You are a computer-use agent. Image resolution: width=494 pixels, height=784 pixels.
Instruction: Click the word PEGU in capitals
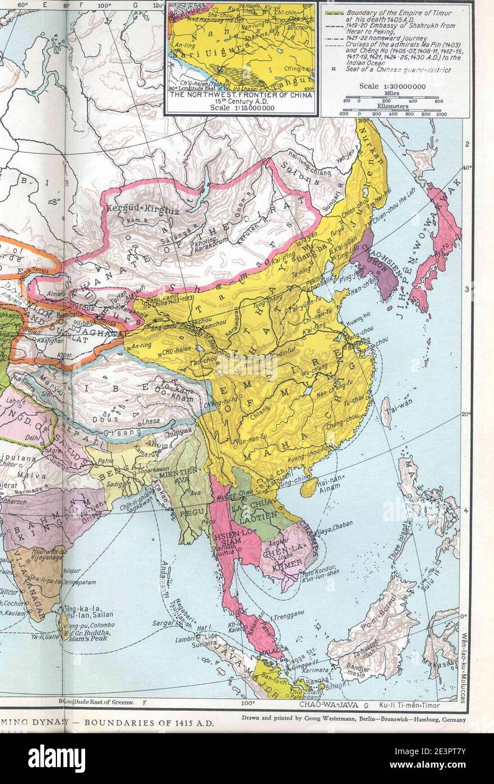pyautogui.click(x=184, y=513)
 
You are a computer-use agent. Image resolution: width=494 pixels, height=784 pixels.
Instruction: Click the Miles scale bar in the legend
pyautogui.click(x=391, y=98)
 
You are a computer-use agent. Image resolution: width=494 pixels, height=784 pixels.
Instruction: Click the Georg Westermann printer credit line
pyautogui.click(x=354, y=719)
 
